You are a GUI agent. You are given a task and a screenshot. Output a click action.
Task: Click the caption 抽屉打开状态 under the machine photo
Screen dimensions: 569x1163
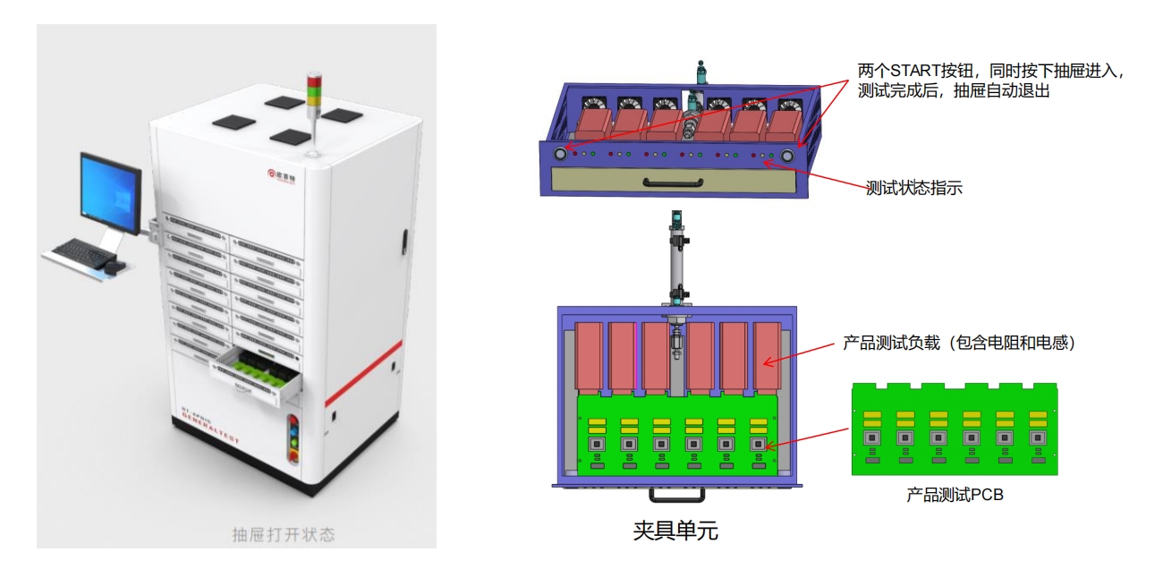[284, 535]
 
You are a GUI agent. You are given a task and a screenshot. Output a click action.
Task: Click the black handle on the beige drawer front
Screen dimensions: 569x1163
[675, 183]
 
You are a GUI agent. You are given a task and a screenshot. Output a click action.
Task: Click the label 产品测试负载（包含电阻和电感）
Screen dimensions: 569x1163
[958, 342]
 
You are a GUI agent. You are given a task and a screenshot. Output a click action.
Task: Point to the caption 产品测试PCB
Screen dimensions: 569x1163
[955, 494]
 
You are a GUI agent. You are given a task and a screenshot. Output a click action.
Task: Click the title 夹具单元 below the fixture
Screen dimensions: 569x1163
[675, 531]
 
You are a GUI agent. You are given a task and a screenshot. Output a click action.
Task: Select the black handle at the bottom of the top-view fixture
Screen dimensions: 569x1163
[675, 494]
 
